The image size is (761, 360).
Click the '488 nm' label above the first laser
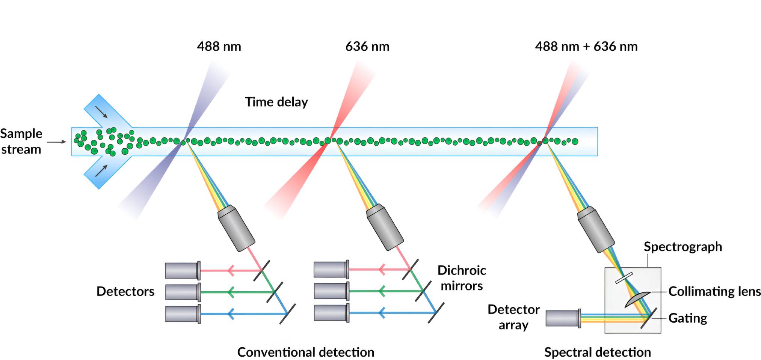click(x=219, y=47)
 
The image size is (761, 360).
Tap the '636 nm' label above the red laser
click(x=367, y=47)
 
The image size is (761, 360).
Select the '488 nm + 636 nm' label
click(x=586, y=47)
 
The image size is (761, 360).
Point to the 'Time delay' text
click(x=276, y=102)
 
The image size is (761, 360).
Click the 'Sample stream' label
click(x=21, y=141)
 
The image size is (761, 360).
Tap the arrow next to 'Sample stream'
click(x=57, y=142)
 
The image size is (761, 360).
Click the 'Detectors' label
click(x=125, y=291)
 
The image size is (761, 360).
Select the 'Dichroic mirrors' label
click(x=462, y=278)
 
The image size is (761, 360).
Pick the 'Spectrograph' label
click(x=682, y=247)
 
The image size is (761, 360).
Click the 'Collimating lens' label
click(x=714, y=291)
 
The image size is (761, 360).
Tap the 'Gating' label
click(x=687, y=318)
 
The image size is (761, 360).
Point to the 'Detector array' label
click(x=513, y=317)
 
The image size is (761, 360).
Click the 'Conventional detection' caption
click(x=306, y=352)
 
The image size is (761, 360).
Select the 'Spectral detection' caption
click(x=597, y=352)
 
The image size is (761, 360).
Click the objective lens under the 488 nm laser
click(x=236, y=228)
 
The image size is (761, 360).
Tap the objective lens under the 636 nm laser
click(x=385, y=227)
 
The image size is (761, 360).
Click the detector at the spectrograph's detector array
click(x=563, y=318)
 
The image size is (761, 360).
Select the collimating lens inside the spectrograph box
click(x=636, y=299)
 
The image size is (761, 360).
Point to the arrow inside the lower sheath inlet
click(x=101, y=171)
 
